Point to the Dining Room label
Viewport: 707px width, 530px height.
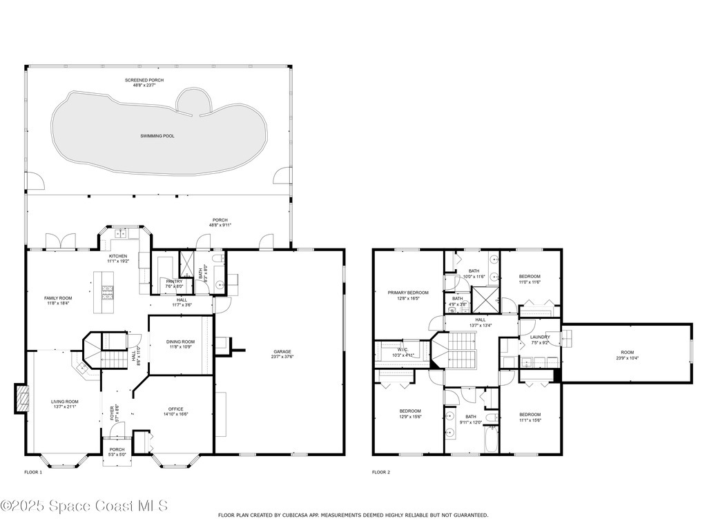(180, 344)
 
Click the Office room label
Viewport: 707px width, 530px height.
(175, 411)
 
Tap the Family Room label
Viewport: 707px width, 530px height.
(59, 300)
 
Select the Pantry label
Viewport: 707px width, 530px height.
(173, 284)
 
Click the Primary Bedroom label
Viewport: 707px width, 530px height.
(408, 295)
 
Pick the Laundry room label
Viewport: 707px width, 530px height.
(540, 340)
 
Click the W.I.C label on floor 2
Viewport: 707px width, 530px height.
(401, 352)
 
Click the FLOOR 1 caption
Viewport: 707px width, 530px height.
(33, 472)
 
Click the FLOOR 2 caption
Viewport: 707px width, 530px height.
(381, 472)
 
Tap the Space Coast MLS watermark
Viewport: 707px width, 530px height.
(84, 506)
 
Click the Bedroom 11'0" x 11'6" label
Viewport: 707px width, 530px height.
(530, 279)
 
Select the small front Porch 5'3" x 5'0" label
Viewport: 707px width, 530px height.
(117, 451)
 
